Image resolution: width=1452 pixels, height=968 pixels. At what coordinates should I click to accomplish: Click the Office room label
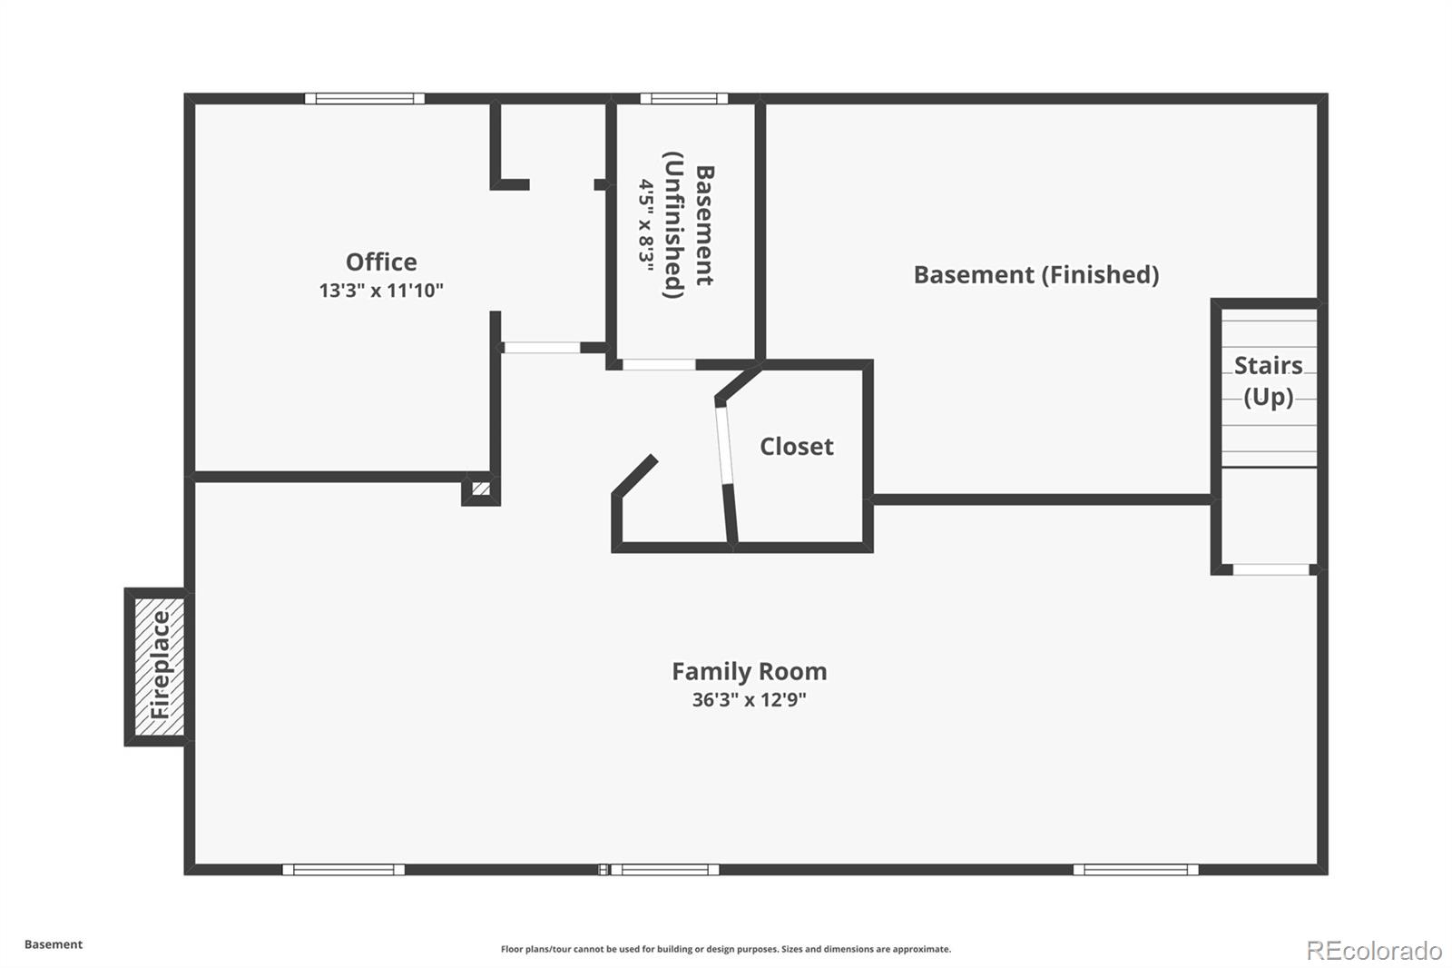(x=381, y=262)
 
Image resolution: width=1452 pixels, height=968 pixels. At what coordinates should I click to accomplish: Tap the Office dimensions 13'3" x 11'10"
(x=381, y=290)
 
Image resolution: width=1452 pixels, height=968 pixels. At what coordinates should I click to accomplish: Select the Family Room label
(x=750, y=671)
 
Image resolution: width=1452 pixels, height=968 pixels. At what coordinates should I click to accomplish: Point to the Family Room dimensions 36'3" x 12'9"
(x=750, y=700)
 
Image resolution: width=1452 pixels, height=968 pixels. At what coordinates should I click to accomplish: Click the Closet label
(x=797, y=447)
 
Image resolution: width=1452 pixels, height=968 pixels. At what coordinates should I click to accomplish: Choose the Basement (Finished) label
(x=1036, y=274)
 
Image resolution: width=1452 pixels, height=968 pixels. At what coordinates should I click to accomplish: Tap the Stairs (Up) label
(x=1269, y=380)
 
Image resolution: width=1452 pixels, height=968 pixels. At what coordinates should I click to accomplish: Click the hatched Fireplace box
(x=160, y=667)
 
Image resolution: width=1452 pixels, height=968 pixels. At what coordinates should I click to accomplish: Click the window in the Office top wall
(x=365, y=99)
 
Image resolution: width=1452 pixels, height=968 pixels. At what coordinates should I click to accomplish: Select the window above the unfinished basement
(x=684, y=99)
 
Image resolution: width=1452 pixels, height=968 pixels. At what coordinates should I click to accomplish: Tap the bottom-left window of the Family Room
(x=344, y=869)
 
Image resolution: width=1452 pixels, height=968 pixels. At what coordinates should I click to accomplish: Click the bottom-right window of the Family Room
(x=1135, y=869)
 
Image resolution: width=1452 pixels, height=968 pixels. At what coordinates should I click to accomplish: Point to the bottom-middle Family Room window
(x=665, y=869)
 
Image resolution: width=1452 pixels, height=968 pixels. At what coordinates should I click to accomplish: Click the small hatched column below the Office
(x=481, y=489)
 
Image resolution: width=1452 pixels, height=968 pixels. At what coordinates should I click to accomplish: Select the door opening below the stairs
(x=1270, y=569)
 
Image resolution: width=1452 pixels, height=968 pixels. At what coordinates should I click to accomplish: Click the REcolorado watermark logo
(x=1374, y=951)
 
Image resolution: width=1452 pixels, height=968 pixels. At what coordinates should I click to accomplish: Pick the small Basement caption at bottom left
(x=54, y=944)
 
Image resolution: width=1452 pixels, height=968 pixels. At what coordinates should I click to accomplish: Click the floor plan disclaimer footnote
(x=726, y=949)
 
